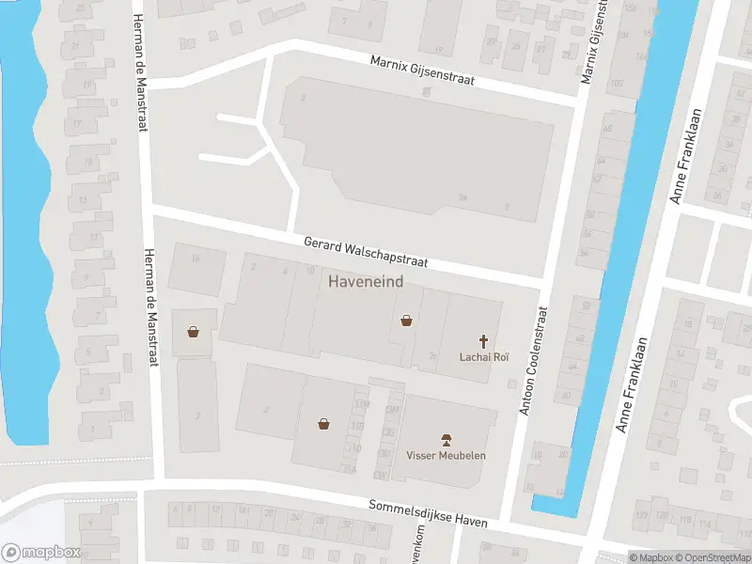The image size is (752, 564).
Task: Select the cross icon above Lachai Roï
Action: coord(484,341)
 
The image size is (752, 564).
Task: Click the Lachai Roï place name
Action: coord(484,356)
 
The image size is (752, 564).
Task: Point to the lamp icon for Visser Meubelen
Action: coord(446,440)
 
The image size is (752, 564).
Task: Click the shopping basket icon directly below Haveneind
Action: coord(406,321)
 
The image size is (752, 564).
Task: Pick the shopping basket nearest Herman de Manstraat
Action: coord(193,331)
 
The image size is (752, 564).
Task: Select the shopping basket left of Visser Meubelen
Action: coord(324,423)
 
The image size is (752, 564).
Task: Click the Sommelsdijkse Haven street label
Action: coord(429,513)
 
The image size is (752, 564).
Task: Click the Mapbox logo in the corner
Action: coord(41,552)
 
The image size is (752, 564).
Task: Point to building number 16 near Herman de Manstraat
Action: coord(196,258)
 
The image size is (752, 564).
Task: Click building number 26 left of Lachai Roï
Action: coord(432,355)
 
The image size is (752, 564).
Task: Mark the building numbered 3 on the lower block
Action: coord(267,409)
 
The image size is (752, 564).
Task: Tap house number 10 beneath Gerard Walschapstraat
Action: coord(310,272)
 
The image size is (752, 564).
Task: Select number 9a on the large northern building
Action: coord(462,197)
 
